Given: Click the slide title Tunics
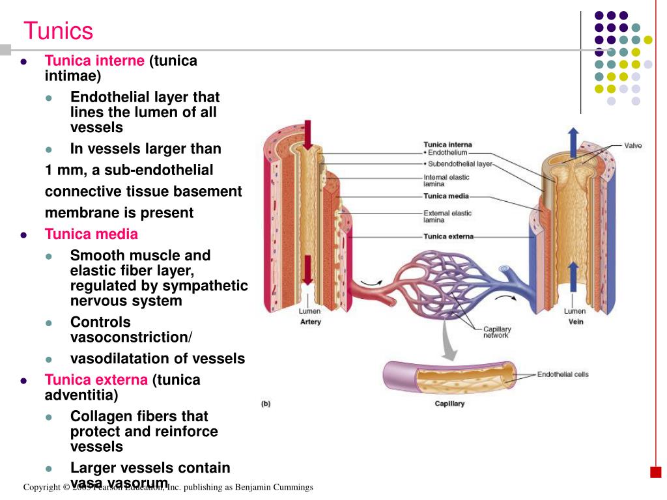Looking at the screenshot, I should [59, 31].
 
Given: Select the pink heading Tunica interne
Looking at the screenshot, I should [94, 61].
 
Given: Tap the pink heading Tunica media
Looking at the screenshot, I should [91, 234].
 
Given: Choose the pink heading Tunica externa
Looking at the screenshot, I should [96, 380].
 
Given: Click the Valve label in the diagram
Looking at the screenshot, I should [632, 145].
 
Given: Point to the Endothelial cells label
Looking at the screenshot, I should [563, 374].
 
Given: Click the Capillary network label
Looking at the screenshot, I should [496, 332].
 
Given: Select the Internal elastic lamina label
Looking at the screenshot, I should [446, 180].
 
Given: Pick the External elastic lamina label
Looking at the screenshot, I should [447, 216].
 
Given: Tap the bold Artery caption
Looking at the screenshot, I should [310, 322].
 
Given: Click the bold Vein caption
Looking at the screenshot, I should [575, 322].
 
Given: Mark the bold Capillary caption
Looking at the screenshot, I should [449, 404].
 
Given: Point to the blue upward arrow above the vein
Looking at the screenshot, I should [573, 141].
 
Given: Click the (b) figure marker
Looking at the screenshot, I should [266, 404].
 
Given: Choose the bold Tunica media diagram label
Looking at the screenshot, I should [446, 196].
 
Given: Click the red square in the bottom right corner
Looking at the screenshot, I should [657, 471].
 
